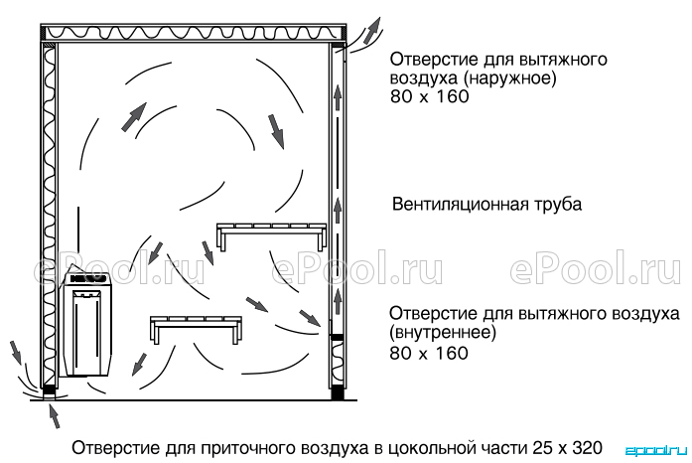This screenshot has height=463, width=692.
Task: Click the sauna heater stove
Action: coord(87,323)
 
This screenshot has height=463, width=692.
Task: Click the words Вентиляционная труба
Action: coord(486,205)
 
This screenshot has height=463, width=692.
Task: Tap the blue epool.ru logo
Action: coord(656,451)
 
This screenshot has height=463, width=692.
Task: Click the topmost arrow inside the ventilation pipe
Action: coord(338,98)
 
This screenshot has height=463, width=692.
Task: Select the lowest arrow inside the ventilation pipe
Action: coord(338,300)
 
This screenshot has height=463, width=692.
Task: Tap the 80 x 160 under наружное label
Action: coord(430,96)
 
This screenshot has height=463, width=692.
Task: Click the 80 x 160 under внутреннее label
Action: coord(429,353)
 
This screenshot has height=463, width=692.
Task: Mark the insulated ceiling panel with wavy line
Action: coord(194,33)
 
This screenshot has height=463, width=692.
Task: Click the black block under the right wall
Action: coord(338,392)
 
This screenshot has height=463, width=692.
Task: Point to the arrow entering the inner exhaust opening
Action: coord(310,318)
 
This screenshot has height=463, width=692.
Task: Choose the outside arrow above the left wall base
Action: coord(16,352)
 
